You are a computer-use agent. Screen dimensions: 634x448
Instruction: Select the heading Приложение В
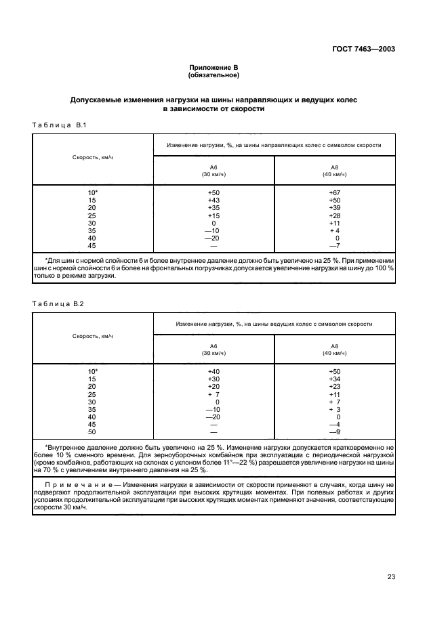pyautogui.click(x=213, y=68)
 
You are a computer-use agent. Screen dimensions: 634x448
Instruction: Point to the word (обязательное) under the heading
pyautogui.click(x=213, y=76)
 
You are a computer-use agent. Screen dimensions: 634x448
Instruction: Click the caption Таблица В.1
pyautogui.click(x=59, y=125)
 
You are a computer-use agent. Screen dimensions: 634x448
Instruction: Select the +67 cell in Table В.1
pyautogui.click(x=333, y=193)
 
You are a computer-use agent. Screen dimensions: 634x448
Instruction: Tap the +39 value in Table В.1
pyautogui.click(x=333, y=208)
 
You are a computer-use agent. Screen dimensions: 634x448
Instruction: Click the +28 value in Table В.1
pyautogui.click(x=333, y=215)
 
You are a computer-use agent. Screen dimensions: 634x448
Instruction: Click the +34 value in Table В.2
pyautogui.click(x=333, y=379)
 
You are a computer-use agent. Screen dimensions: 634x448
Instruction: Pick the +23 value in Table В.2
pyautogui.click(x=333, y=387)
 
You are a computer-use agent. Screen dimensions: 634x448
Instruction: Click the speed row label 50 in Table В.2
pyautogui.click(x=93, y=431)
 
